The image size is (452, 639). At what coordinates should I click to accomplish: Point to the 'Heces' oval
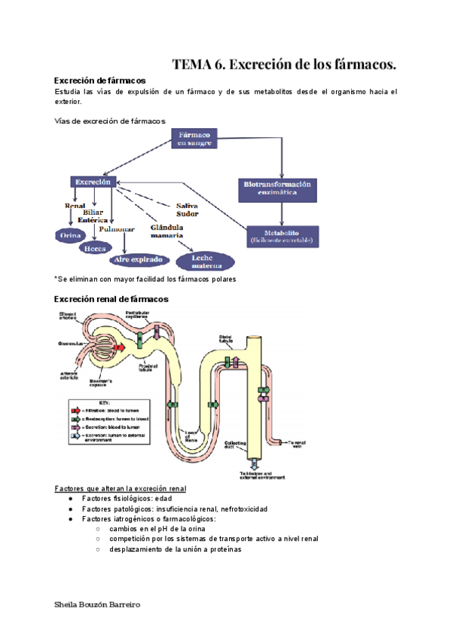coord(95,247)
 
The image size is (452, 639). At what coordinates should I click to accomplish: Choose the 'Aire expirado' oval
coord(138,259)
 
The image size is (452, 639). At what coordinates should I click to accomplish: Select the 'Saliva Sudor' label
coord(188,209)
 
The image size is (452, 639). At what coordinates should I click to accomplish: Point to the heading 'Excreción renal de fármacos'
coord(111,299)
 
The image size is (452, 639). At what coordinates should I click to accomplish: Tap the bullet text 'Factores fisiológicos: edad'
coord(121,499)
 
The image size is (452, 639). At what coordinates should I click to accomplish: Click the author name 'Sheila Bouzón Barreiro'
coord(98,605)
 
